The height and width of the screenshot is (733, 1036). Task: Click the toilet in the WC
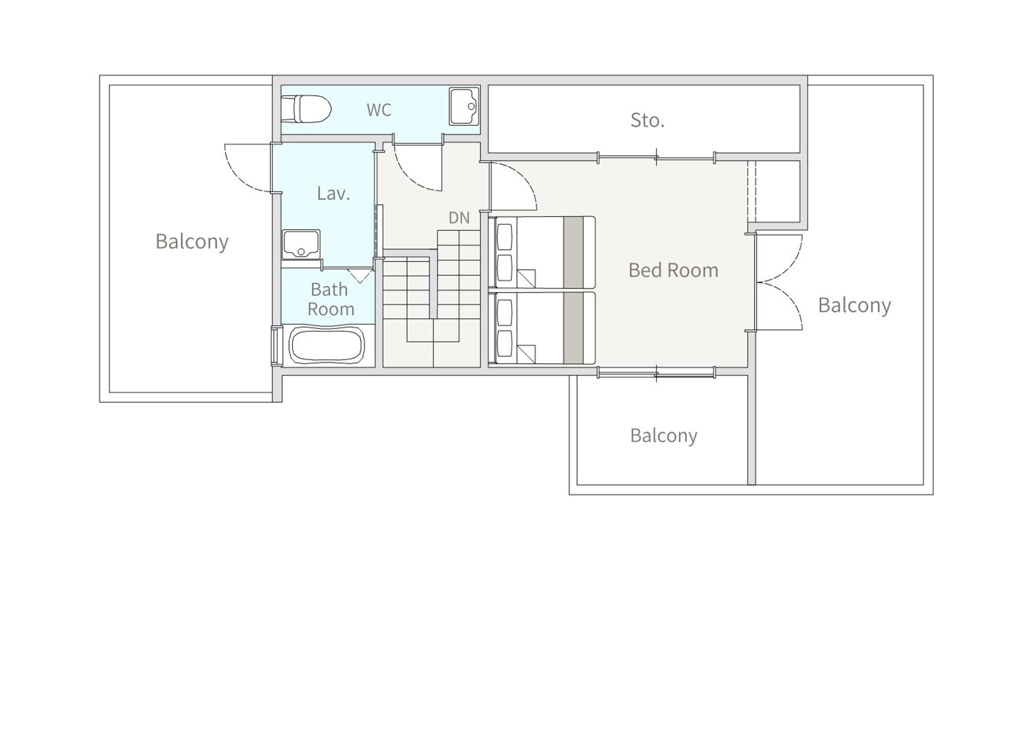pos(306,109)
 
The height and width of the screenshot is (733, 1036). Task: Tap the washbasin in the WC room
pos(464,106)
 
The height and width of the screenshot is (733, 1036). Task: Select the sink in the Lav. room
pos(301,245)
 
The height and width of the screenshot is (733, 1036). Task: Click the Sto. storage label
pos(647,121)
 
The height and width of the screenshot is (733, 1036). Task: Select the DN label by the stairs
pos(459,218)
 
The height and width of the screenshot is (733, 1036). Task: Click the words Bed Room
pos(673,270)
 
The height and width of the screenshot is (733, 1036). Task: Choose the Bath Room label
pos(330,299)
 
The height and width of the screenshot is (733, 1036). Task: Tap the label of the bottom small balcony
pos(664,436)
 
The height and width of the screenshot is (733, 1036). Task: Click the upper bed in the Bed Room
pos(545,252)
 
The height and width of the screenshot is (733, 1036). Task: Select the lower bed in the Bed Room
pos(545,328)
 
